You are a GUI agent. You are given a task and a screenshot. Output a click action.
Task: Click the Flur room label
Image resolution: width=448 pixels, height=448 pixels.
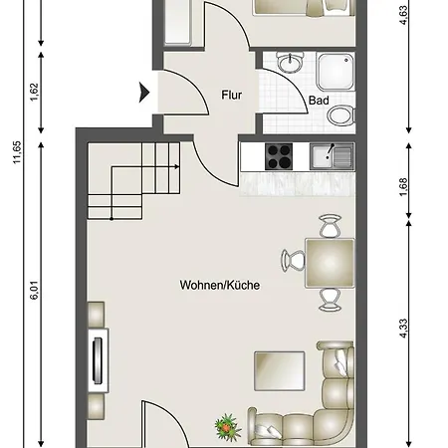pos(231,96)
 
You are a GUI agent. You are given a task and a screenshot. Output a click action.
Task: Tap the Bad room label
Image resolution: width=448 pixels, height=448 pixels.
pos(319,101)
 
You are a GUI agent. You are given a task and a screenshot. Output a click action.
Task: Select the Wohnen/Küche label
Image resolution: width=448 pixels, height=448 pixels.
pos(220,285)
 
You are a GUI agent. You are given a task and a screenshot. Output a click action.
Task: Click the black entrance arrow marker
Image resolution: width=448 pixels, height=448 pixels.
pos(144,93)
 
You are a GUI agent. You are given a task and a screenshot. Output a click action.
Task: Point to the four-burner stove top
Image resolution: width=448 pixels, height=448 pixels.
pos(279,156)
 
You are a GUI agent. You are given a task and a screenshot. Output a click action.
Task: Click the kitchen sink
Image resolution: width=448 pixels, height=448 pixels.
pos(332,156)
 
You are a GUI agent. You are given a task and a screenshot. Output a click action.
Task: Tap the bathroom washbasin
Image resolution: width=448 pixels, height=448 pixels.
pos(291,62)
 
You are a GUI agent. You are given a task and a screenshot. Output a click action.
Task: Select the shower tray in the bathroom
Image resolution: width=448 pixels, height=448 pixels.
pos(336,72)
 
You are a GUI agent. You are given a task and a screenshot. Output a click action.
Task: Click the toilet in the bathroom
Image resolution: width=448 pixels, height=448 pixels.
pos(340,115)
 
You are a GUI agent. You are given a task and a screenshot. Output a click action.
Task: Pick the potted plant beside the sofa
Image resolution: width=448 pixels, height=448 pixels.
pos(227,426)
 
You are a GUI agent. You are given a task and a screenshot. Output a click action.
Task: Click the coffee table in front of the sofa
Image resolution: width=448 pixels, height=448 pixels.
pos(280,371)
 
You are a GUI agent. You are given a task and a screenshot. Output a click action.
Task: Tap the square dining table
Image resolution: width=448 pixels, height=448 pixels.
pos(330,263)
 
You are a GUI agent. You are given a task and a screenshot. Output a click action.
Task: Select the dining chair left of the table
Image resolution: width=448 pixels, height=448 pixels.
pos(293,261)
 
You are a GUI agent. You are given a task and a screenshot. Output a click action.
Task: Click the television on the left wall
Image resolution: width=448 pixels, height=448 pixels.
pos(99,360)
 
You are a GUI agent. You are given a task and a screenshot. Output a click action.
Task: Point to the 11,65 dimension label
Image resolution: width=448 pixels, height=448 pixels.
pos(17,152)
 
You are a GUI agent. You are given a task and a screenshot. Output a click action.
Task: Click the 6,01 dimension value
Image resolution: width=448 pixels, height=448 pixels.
pos(34,291)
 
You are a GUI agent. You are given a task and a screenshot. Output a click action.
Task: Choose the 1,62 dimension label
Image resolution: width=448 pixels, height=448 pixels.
pos(34,92)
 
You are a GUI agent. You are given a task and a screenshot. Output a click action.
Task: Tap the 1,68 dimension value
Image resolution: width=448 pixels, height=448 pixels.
pos(402,187)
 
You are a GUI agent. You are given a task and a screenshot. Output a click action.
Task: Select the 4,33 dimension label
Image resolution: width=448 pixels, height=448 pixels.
pos(402,329)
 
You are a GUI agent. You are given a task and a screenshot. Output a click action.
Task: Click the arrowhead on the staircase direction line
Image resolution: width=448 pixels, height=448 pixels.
pos(177,167)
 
